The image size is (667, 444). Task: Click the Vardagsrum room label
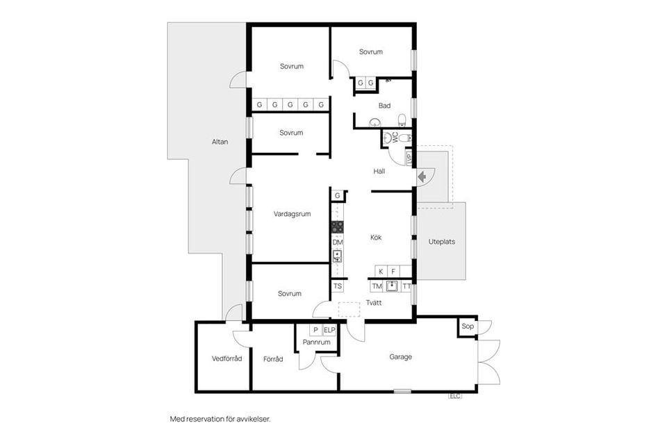tap(293, 214)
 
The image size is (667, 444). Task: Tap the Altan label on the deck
tap(220, 142)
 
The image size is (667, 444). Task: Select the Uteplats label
tap(442, 242)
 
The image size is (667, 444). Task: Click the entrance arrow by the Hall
tap(422, 176)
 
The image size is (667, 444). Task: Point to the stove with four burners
tap(338, 227)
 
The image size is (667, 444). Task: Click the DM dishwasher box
tap(338, 242)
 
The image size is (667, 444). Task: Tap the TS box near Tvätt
tap(338, 286)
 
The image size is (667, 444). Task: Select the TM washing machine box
tap(377, 287)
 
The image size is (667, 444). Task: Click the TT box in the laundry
tap(406, 287)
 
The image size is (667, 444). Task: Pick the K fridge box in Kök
tap(381, 271)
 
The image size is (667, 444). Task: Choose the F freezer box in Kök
tap(393, 271)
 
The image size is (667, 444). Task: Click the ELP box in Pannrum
tap(329, 330)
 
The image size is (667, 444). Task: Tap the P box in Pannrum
tap(315, 330)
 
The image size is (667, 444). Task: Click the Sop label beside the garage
tap(468, 326)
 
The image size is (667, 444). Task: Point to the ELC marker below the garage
tap(454, 396)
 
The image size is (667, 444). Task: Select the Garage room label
tap(401, 357)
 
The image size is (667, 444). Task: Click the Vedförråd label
tap(227, 359)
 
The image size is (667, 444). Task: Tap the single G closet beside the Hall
tap(338, 196)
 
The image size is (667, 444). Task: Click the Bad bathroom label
tap(384, 106)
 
